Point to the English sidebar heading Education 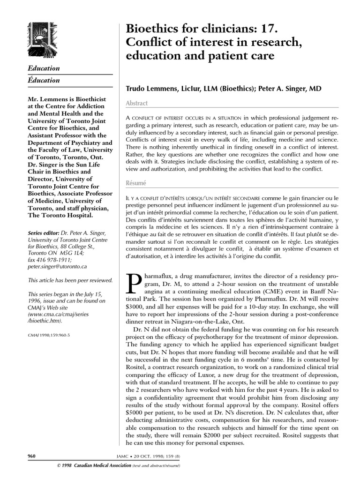[x=44, y=68]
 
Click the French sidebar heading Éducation [x=44, y=80]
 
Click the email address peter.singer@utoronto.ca [x=57, y=266]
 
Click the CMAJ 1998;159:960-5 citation [x=49, y=336]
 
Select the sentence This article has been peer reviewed [x=70, y=281]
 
